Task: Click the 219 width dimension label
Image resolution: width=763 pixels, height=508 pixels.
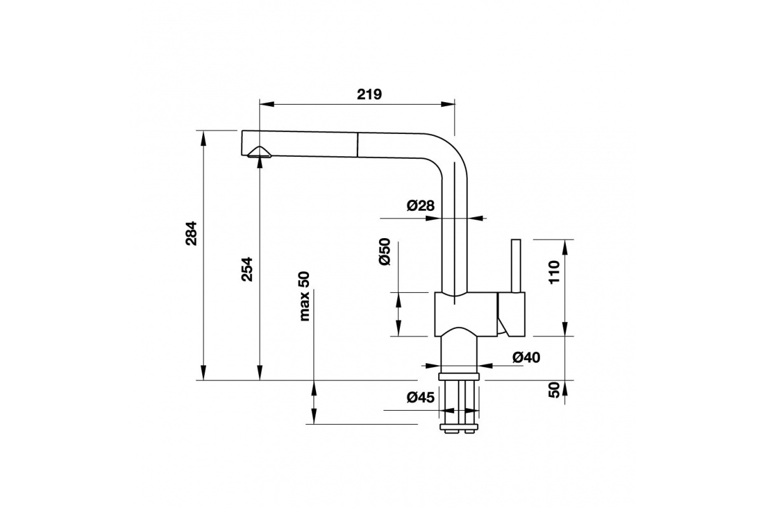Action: point(369,94)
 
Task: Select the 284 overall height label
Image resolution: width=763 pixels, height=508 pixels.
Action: point(191,234)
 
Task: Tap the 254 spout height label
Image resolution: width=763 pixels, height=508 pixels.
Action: point(247,269)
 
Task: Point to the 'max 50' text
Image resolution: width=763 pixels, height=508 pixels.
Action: point(305,297)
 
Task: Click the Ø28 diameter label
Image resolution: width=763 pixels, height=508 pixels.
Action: point(421,206)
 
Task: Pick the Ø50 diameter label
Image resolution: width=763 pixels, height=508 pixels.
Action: point(384,252)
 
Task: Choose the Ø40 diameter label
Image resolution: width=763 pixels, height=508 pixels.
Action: point(526,358)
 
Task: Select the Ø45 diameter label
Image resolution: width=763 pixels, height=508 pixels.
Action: point(421,398)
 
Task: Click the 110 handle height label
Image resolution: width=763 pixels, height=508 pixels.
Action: point(554,272)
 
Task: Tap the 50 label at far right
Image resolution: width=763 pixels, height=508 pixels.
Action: point(554,390)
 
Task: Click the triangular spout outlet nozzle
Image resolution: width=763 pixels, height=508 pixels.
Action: point(259,152)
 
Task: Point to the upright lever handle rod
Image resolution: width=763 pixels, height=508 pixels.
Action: point(516,265)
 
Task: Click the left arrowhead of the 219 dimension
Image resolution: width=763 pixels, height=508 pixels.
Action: point(267,105)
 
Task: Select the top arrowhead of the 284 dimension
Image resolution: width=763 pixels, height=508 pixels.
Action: point(203,138)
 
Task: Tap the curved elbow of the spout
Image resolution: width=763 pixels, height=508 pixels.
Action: point(449,152)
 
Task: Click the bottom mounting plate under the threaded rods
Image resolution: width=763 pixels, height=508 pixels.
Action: point(459,427)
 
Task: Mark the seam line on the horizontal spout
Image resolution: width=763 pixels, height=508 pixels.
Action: point(357,145)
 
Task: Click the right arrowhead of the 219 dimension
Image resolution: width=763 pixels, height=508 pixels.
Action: point(448,105)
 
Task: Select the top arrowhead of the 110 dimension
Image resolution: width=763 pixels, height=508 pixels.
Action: point(565,247)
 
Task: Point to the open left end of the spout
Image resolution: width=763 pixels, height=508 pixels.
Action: point(242,143)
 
